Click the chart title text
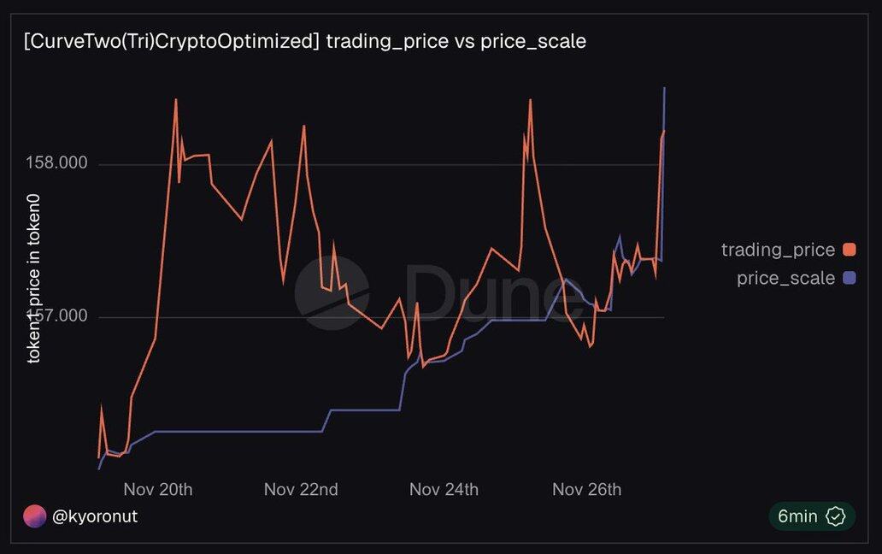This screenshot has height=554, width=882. click(x=305, y=41)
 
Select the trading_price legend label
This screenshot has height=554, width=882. click(x=778, y=250)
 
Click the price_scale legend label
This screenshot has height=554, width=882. click(x=785, y=278)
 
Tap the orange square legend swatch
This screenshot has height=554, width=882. click(x=849, y=250)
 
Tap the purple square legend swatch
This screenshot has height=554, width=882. click(x=849, y=278)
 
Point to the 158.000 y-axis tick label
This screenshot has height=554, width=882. click(x=59, y=163)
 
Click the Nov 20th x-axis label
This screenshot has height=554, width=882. click(x=158, y=490)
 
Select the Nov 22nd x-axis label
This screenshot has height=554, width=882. click(x=301, y=490)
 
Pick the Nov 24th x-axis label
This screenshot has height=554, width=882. click(x=444, y=490)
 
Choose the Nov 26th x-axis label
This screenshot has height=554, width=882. click(x=586, y=490)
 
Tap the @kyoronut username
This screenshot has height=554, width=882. click(x=95, y=516)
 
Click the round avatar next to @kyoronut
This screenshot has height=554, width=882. click(x=34, y=516)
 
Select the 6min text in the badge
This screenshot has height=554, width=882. click(x=797, y=516)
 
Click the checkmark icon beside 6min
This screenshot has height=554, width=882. click(x=835, y=516)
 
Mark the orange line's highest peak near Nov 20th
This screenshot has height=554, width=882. click(x=175, y=100)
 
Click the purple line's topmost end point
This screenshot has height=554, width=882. click(x=664, y=88)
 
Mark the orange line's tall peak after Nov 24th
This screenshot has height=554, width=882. click(x=530, y=100)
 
